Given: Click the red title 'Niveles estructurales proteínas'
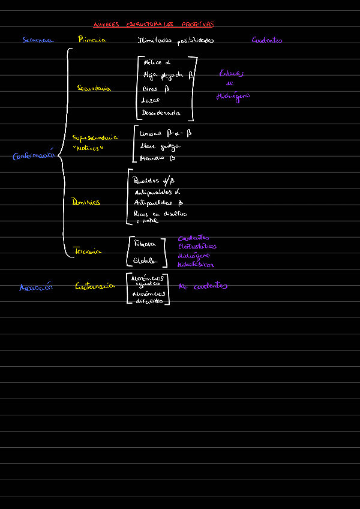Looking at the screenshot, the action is (154, 25).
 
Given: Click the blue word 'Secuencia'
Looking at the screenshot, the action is (38, 40).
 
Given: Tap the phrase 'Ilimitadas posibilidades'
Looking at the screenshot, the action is (176, 41).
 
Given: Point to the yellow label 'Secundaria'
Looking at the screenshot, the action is (94, 88).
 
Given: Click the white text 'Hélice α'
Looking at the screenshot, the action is (157, 62).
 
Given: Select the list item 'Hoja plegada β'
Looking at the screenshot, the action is (168, 76).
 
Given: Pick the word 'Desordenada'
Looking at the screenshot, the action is (160, 112).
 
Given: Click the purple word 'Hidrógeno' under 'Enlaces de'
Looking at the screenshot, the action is (233, 96).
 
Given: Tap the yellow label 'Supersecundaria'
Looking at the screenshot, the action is (95, 137).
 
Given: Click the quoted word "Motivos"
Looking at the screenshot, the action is (88, 148).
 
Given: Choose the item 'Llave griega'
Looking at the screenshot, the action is (160, 146).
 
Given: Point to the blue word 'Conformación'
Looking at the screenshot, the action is (34, 156).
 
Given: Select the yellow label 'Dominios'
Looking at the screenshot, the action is (86, 202).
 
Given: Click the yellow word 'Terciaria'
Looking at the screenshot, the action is (87, 251).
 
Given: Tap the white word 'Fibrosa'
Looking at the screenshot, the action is (145, 244).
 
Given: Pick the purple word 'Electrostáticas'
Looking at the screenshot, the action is (197, 246).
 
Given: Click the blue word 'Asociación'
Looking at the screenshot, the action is (36, 287).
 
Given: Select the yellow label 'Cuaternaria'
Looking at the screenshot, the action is (95, 286).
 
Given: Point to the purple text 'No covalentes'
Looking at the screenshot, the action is (203, 286).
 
